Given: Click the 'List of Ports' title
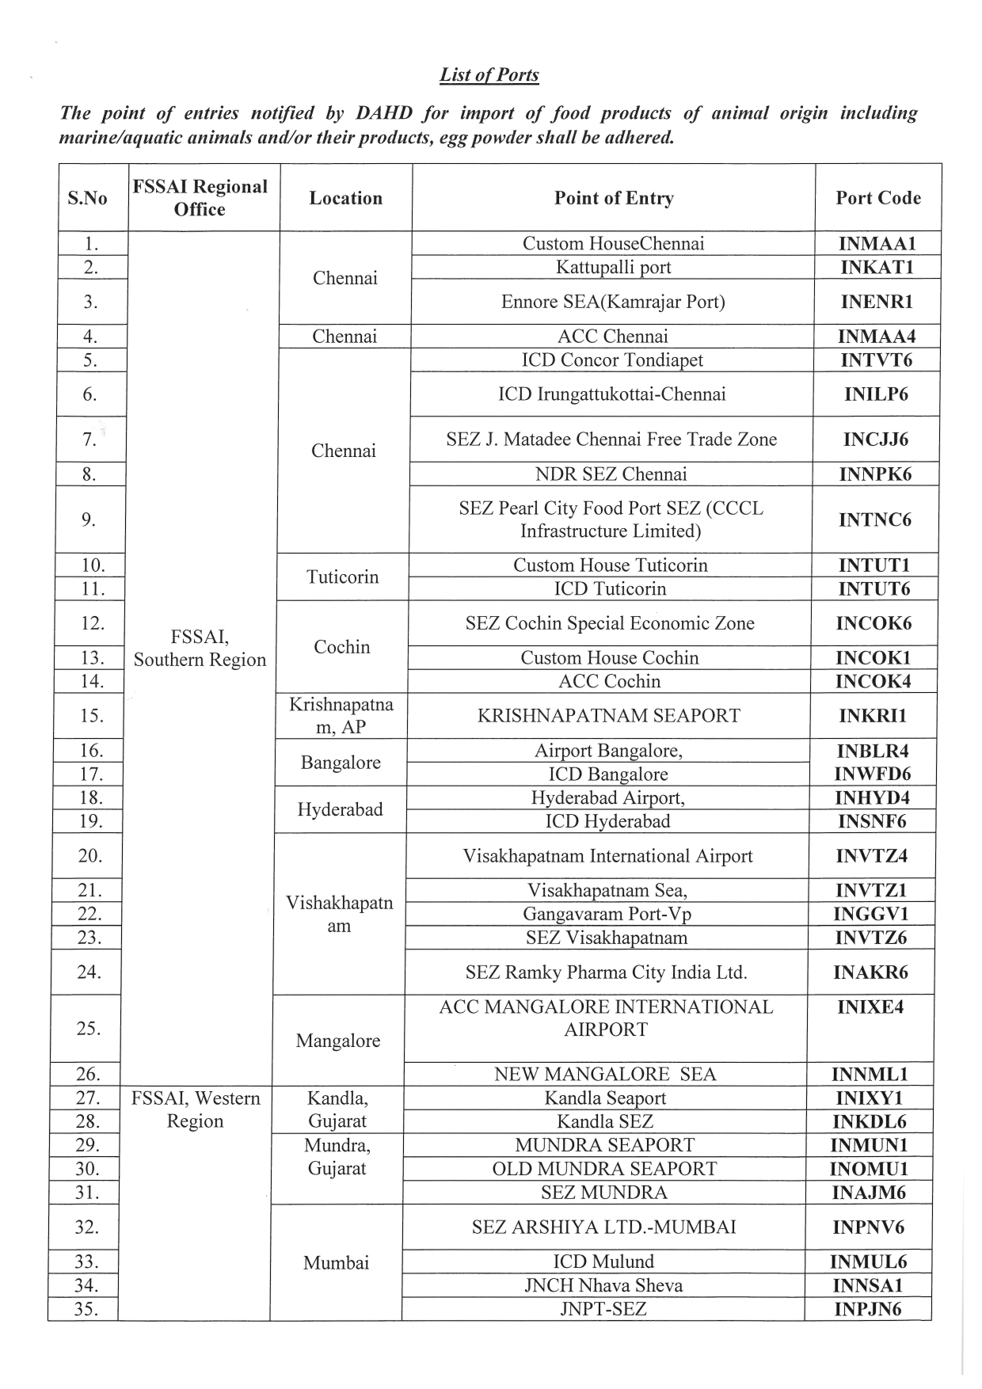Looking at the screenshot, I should [489, 75].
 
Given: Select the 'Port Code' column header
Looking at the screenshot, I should [877, 198].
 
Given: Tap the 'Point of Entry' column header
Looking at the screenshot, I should [613, 198].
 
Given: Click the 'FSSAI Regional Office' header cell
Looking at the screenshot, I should [200, 198].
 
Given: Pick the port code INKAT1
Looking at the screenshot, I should [877, 267].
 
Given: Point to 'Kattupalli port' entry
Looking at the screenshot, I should [613, 267].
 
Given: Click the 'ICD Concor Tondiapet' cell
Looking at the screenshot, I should [612, 360].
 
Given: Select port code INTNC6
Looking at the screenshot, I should [875, 519].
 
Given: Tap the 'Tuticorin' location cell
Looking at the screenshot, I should [342, 577].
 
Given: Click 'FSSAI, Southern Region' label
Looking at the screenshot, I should [200, 649].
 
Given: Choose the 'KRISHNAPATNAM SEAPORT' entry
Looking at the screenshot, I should [608, 716].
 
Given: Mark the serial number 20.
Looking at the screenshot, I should [90, 855].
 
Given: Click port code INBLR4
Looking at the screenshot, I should [873, 751].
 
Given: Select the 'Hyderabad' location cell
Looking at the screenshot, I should [340, 809].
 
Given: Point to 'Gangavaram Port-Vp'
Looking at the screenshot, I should [607, 914].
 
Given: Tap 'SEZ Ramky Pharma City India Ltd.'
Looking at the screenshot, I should [606, 972].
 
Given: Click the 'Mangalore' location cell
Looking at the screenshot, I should [337, 1041].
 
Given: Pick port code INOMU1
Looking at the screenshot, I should [870, 1169].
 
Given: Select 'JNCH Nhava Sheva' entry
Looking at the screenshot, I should [603, 1285].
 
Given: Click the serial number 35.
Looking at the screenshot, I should [86, 1309].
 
